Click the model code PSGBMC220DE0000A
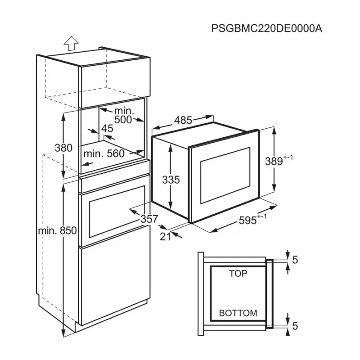click(267, 28)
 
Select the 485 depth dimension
click(183, 120)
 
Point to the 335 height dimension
click(171, 180)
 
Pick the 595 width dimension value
click(248, 220)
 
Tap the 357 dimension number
click(149, 219)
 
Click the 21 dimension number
click(166, 236)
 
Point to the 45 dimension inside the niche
click(107, 129)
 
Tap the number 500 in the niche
click(122, 120)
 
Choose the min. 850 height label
click(57, 230)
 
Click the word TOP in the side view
click(238, 273)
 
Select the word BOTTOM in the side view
click(238, 313)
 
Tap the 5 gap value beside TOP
click(295, 259)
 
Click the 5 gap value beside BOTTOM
click(295, 324)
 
